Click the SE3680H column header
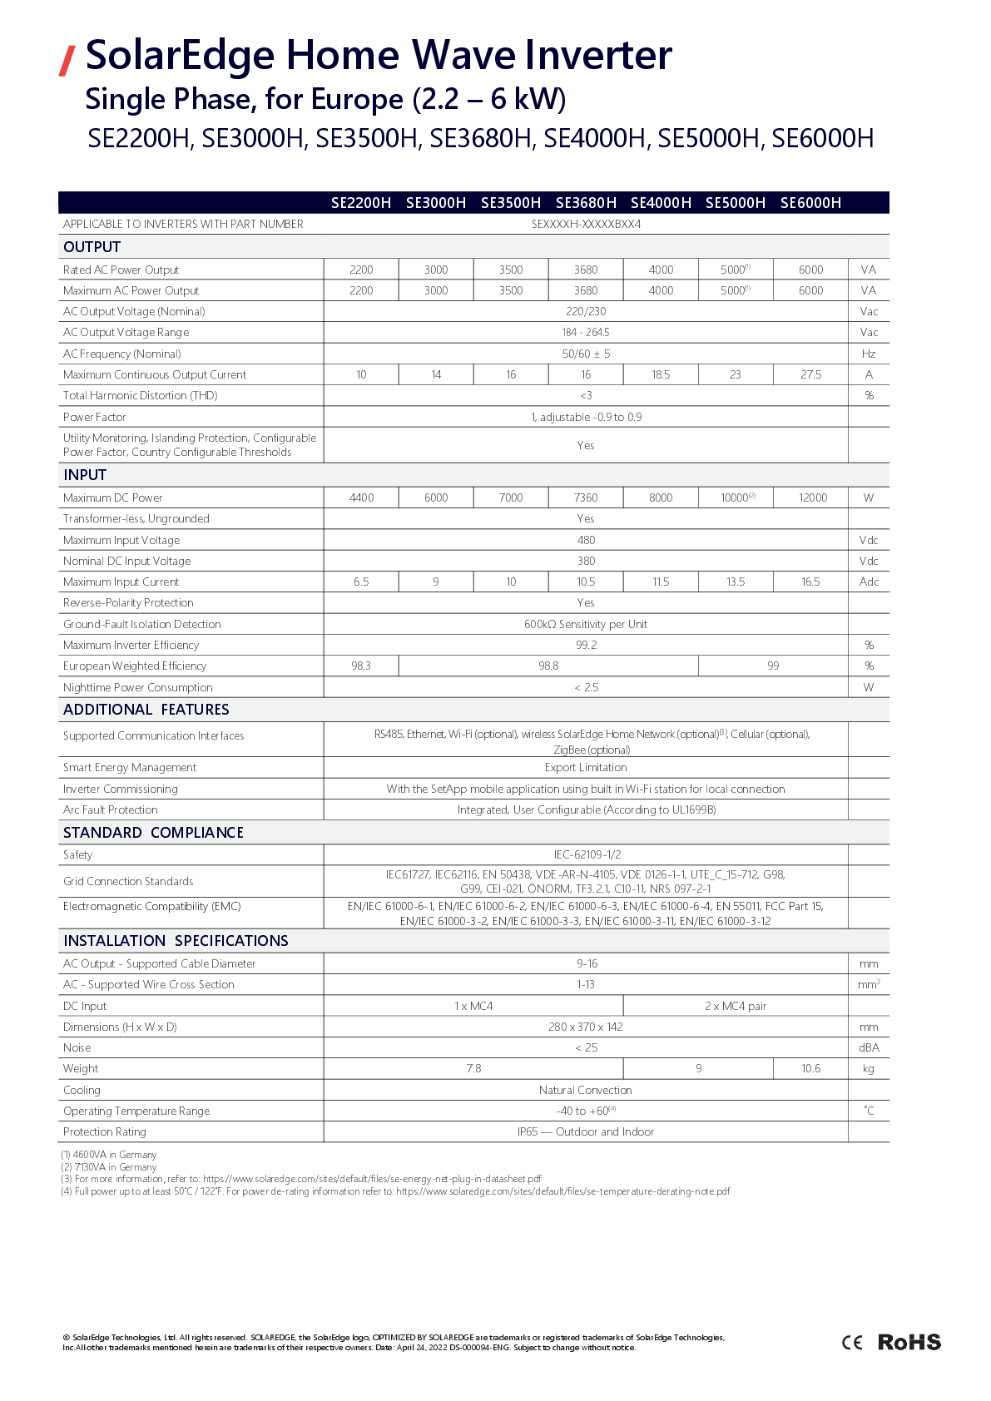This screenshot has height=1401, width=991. click(586, 203)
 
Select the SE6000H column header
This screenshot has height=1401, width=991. click(810, 203)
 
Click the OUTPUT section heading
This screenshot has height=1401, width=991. click(92, 247)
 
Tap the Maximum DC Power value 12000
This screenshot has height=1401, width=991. click(812, 498)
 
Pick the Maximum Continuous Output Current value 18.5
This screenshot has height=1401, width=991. click(661, 375)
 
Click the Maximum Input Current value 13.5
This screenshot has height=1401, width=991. click(736, 582)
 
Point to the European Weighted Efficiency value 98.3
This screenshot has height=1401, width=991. click(361, 666)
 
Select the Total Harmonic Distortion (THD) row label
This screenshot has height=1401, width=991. click(140, 396)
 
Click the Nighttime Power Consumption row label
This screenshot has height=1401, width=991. click(138, 687)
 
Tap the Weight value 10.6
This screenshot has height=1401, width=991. click(810, 1069)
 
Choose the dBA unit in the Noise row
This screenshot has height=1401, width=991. click(869, 1048)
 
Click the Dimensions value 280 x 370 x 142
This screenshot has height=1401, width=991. click(586, 1027)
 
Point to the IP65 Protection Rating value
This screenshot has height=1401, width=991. click(586, 1132)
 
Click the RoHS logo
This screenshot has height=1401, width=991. click(909, 1342)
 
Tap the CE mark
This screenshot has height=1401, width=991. click(852, 1342)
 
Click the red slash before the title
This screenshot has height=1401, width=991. click(67, 60)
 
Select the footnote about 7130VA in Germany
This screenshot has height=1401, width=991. click(109, 1167)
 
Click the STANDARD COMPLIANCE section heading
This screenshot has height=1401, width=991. click(153, 833)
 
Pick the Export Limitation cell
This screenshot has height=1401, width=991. click(586, 768)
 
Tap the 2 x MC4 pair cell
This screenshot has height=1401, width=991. click(736, 1007)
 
